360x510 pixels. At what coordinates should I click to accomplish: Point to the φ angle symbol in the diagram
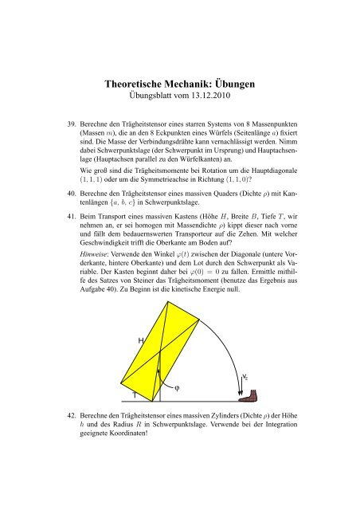click(177, 390)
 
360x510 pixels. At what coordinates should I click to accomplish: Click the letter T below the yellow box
click(135, 394)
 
